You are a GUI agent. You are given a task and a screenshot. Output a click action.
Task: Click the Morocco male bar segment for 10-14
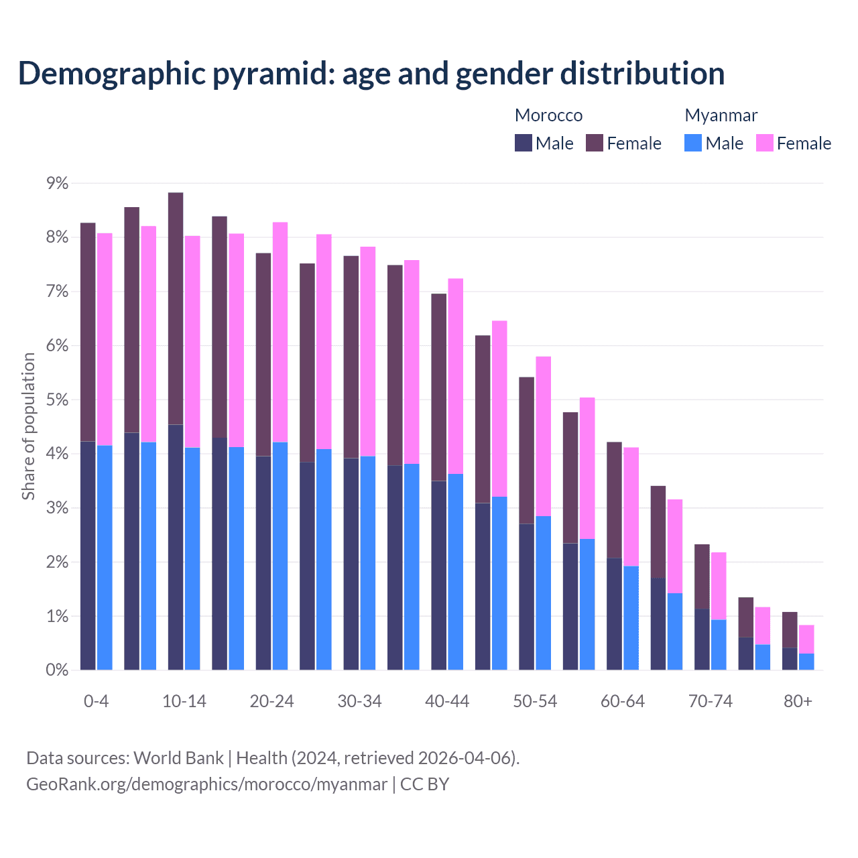coord(176,547)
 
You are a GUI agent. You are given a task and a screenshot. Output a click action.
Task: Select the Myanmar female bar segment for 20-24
coord(280,332)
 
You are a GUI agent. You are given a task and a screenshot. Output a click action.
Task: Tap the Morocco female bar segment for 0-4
coord(88,332)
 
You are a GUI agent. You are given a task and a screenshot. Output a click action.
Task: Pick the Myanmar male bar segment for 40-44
coord(456,572)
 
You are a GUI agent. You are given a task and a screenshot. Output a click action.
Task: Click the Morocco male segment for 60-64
coord(614,613)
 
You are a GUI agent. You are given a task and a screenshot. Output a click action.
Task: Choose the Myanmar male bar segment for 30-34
coord(368,563)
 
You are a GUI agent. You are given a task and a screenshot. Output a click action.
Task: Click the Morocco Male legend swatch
coord(524,143)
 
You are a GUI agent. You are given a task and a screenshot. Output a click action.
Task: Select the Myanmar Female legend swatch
coord(764,143)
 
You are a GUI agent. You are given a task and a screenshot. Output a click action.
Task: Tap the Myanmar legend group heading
coord(721,115)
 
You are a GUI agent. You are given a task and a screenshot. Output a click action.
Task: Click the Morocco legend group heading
coord(548,115)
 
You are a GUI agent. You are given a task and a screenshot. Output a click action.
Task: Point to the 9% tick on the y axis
coord(57,183)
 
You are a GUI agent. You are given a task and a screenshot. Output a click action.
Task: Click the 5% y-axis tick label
coord(57,400)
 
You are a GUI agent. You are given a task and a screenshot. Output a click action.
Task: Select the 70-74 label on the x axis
coord(711,701)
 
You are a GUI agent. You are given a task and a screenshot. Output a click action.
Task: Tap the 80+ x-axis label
coord(798,701)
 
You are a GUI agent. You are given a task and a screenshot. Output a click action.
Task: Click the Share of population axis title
coord(28,426)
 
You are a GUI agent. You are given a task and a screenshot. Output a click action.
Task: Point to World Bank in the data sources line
coord(178,758)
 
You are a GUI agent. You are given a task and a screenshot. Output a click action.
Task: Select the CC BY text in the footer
coord(424,784)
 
